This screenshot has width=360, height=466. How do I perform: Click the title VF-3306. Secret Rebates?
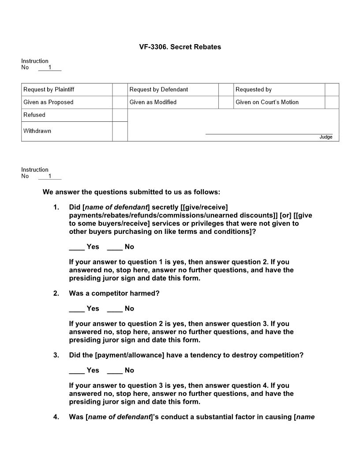point(180,47)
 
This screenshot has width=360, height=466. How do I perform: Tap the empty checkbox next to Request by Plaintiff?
point(120,90)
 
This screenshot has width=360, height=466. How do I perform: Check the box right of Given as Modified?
point(225,102)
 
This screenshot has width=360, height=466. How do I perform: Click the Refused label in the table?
point(34,115)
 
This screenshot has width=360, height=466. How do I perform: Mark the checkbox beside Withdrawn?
point(120,132)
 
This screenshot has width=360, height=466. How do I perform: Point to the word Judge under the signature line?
point(326,137)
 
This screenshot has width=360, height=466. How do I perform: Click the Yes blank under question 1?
point(77,247)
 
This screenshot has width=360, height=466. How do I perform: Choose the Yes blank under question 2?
point(77,309)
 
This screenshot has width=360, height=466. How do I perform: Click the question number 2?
point(56,293)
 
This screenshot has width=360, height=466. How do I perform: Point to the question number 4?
point(56,417)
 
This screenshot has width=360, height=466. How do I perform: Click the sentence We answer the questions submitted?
point(131,192)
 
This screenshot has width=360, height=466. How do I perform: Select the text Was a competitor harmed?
point(114,293)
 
